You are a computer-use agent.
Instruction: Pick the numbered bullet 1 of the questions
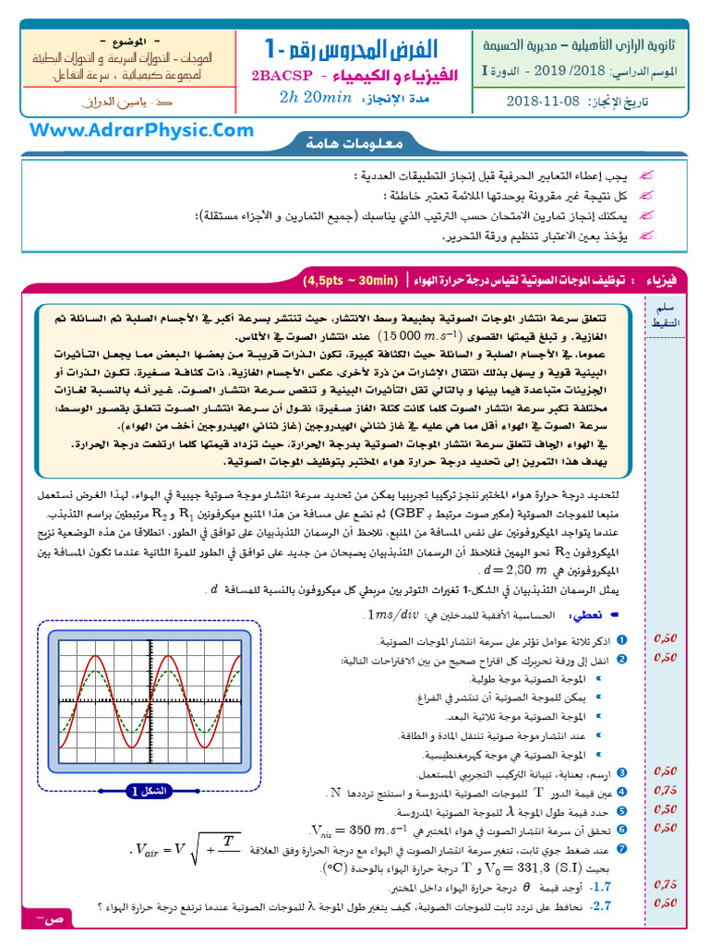[x=621, y=640]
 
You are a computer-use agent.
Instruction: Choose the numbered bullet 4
[x=621, y=793]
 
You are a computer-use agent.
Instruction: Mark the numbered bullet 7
[x=621, y=849]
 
